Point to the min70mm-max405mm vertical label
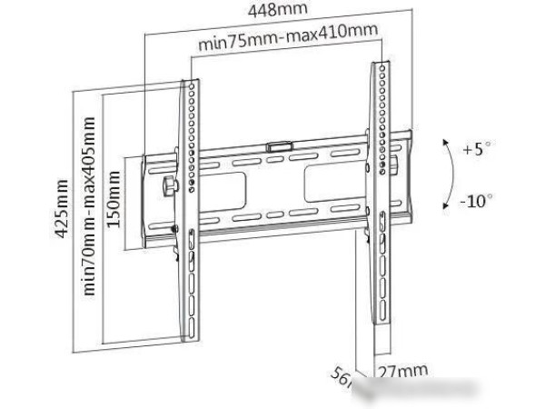pyautogui.click(x=89, y=217)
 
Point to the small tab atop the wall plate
pyautogui.click(x=280, y=144)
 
